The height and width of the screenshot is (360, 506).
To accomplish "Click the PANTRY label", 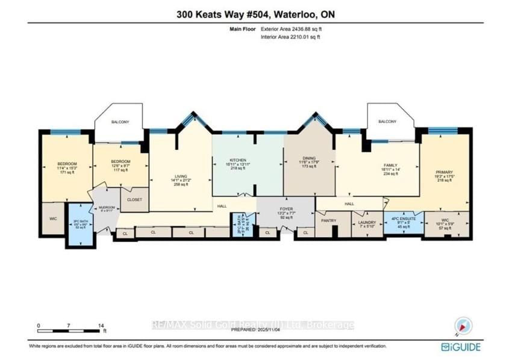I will [328, 221].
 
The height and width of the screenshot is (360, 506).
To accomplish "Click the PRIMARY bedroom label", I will [444, 172].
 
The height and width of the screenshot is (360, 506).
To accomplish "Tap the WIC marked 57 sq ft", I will [446, 223].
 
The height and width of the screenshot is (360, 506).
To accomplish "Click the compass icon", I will [463, 326].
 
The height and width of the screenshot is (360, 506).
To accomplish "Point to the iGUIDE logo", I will [461, 347].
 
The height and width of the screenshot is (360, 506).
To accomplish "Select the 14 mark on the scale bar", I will [101, 326].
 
